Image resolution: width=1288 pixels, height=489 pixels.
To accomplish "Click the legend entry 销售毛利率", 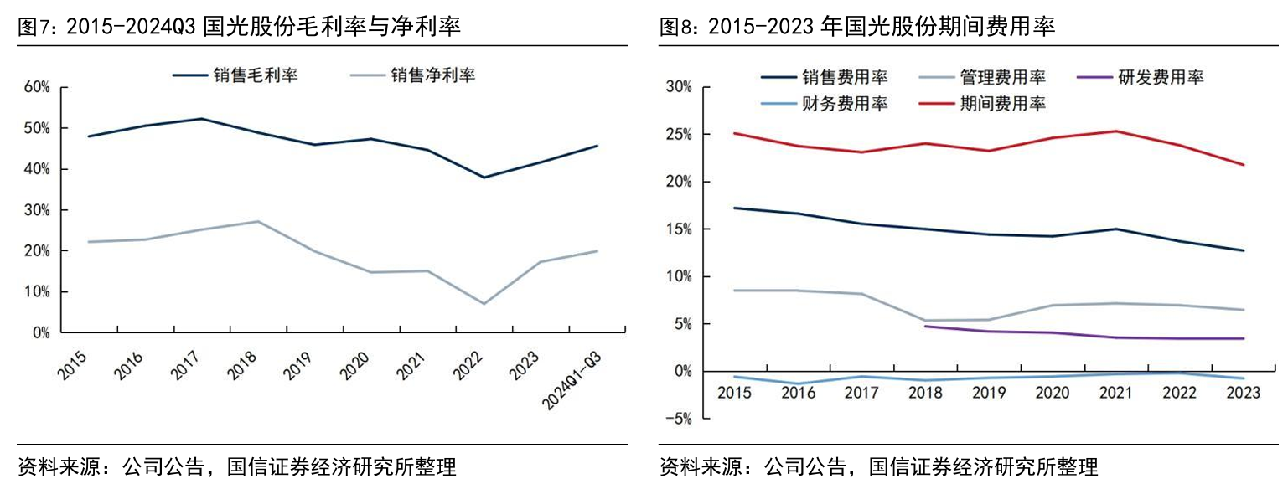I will tap(235, 75).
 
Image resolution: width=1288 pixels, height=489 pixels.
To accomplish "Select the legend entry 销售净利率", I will tap(411, 75).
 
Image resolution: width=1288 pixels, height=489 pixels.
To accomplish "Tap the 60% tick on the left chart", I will tap(39, 87).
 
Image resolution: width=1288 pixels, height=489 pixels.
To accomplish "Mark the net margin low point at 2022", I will tap(484, 303).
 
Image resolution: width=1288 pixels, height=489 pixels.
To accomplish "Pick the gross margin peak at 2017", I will tap(201, 119).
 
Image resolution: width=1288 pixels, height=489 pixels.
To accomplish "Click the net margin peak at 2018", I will tap(257, 221).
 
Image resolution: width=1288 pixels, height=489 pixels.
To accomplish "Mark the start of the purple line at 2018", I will tap(924, 326).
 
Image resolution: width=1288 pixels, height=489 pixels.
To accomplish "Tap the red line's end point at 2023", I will tap(1244, 164).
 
